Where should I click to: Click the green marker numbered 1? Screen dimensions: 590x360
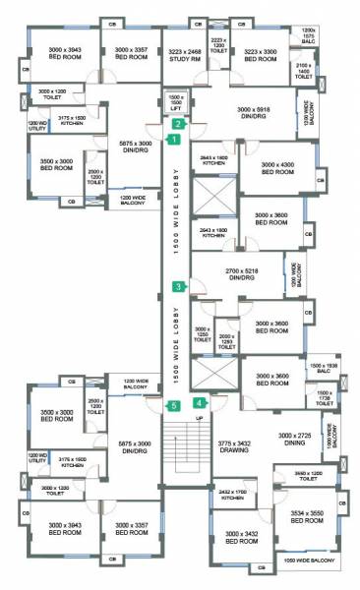click(173, 141)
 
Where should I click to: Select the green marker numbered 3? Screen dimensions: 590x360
click(178, 287)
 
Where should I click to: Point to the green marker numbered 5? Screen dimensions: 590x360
click(172, 405)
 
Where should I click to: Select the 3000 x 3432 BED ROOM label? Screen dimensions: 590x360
click(240, 537)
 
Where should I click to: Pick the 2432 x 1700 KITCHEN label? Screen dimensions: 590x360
click(231, 494)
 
